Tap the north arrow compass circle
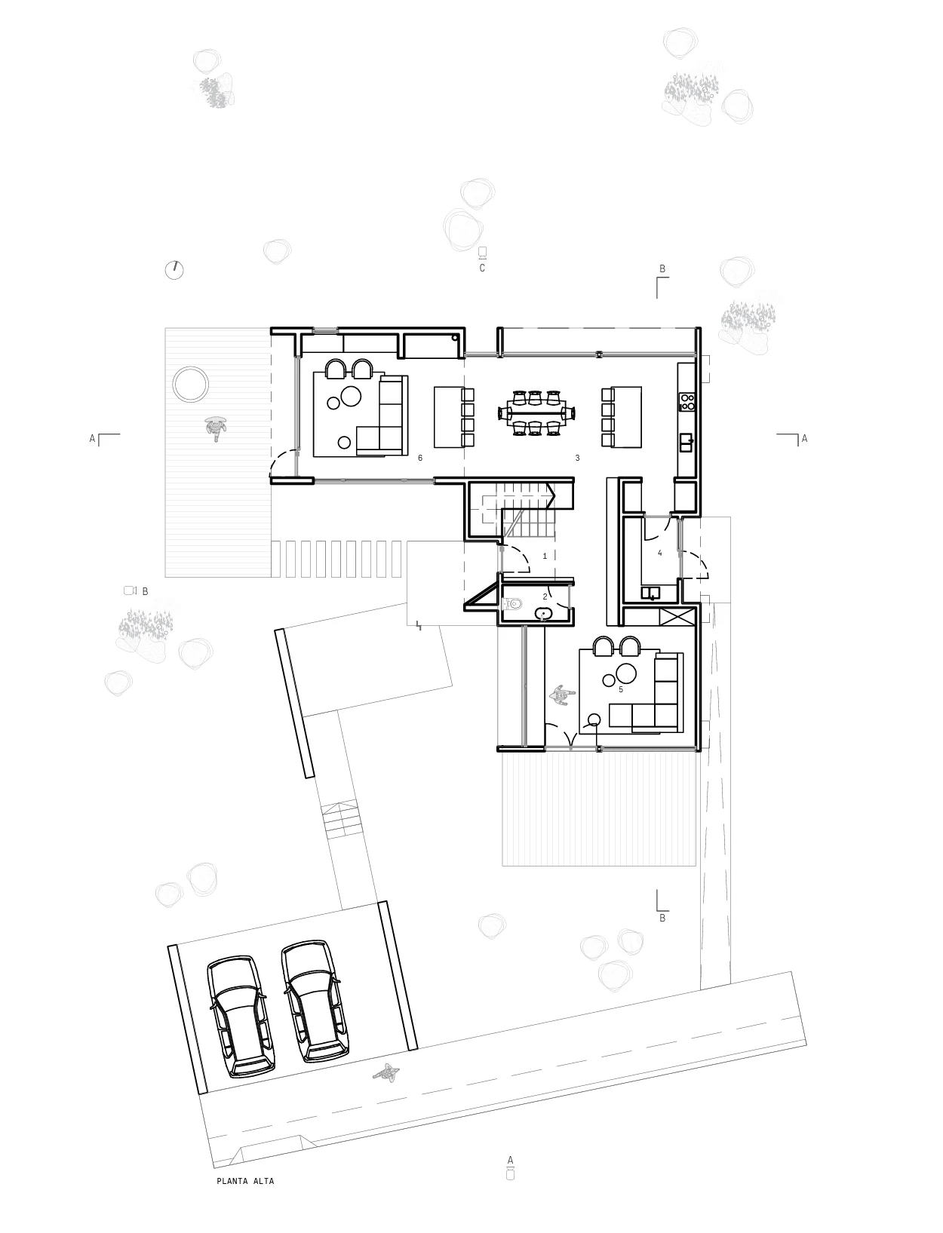174,270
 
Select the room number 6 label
420,458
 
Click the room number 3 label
577,458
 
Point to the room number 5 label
620,689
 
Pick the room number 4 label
660,553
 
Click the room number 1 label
545,556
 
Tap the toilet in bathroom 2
512,604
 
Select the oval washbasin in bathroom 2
544,613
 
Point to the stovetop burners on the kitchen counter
687,402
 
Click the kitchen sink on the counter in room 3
687,442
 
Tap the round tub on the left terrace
191,384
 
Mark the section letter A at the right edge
804,439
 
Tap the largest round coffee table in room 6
352,396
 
